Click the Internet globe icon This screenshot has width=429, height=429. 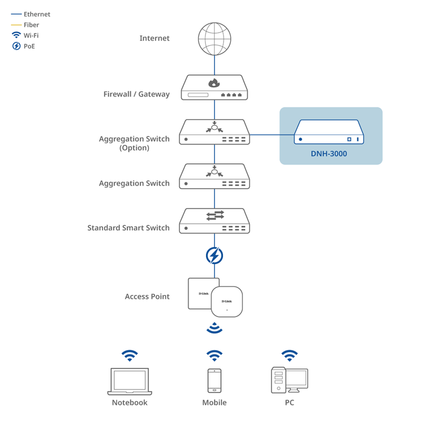pos(214,38)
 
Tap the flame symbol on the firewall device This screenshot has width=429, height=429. pos(214,83)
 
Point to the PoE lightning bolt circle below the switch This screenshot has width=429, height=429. pos(214,256)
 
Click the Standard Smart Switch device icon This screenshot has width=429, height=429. pos(214,220)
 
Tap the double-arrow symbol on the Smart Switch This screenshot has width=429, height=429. pos(214,215)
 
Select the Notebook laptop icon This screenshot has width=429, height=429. pos(130,381)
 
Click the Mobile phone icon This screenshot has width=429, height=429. pos(214,381)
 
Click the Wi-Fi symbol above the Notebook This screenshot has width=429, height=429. pos(130,355)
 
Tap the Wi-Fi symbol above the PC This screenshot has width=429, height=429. pos(290,355)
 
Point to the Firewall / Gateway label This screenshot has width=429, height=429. pos(136,94)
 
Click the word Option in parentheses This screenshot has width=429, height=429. pos(134,147)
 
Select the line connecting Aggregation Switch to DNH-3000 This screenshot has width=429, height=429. pos(271,135)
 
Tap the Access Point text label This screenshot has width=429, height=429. pos(147,296)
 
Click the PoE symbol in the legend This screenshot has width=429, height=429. pos(17,46)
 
